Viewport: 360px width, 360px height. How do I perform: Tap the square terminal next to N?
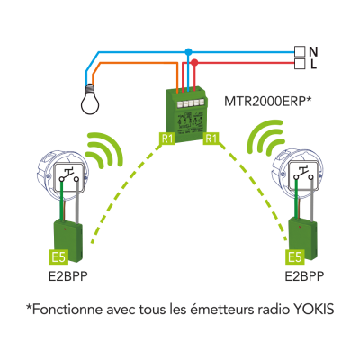[x=299, y=52]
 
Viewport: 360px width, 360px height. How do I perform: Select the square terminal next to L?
[x=299, y=64]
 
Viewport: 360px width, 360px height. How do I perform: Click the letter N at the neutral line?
[x=313, y=52]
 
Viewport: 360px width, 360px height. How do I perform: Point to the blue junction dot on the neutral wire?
[x=188, y=52]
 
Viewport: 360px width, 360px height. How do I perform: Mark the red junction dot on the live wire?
[x=194, y=63]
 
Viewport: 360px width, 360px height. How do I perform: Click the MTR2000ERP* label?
[x=267, y=101]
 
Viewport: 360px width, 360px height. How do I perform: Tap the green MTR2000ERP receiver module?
[x=186, y=114]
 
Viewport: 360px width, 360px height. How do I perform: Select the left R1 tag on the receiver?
[x=167, y=139]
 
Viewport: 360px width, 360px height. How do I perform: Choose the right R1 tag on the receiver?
[x=211, y=139]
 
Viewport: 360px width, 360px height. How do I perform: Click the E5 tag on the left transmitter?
[x=58, y=257]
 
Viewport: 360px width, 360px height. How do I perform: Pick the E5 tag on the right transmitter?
[x=295, y=257]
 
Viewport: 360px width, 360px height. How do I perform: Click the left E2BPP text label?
[x=68, y=276]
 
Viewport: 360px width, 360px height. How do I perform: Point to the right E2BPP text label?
[x=304, y=276]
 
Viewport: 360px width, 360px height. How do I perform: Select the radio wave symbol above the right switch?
[x=266, y=139]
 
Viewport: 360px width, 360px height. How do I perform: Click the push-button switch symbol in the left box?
[x=69, y=176]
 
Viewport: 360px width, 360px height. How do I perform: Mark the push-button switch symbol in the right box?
[x=304, y=175]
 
